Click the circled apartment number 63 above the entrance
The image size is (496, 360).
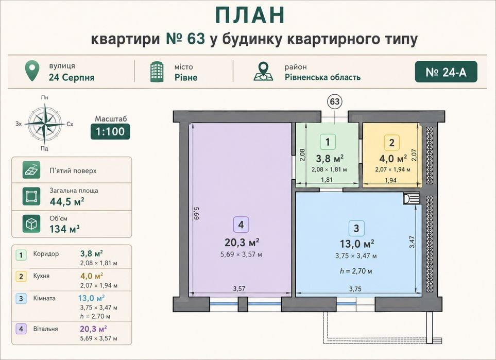335,101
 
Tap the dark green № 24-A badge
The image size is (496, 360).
446,72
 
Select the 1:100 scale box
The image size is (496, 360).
110,131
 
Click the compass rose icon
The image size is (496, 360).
45,124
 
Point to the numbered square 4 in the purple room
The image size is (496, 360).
241,225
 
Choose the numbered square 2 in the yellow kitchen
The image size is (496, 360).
391,143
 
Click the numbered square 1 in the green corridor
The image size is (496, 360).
328,142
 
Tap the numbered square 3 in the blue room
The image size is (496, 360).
356,228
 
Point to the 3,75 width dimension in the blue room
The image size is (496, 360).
355,289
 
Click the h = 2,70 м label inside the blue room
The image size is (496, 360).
356,271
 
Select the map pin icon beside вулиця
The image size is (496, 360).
32,71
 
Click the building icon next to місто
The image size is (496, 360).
157,72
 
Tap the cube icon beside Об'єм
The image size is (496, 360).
31,224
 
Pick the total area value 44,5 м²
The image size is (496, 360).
67,201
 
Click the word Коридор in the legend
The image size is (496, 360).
46,254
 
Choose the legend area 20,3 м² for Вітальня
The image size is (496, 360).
93,329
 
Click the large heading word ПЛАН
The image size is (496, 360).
250,15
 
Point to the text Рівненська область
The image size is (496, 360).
322,77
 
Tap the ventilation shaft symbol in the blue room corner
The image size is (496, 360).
411,199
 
